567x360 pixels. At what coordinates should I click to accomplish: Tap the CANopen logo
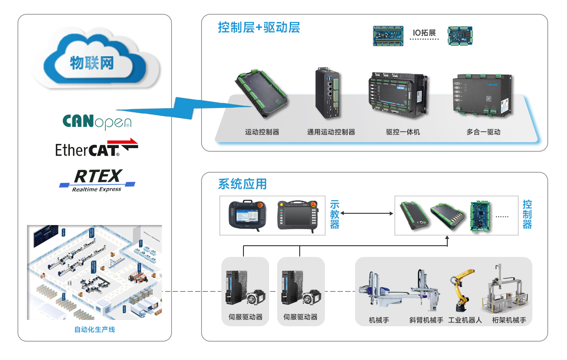(97, 121)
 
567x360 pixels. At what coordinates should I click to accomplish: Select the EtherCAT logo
(96, 148)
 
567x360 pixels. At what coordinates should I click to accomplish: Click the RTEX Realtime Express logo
(97, 180)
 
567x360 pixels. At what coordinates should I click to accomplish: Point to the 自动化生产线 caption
(94, 329)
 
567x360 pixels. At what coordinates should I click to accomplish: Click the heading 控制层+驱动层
(259, 28)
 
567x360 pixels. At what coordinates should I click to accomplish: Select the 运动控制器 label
(262, 132)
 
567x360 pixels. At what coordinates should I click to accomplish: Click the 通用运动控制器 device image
(327, 94)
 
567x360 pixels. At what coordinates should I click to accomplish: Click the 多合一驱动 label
(483, 132)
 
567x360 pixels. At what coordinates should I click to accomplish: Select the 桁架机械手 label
(509, 320)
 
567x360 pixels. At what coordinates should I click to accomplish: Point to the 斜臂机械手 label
(426, 320)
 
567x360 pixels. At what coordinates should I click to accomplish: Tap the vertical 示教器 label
(334, 214)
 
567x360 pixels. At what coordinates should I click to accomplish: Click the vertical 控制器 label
(527, 214)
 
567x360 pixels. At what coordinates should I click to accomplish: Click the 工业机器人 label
(465, 320)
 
